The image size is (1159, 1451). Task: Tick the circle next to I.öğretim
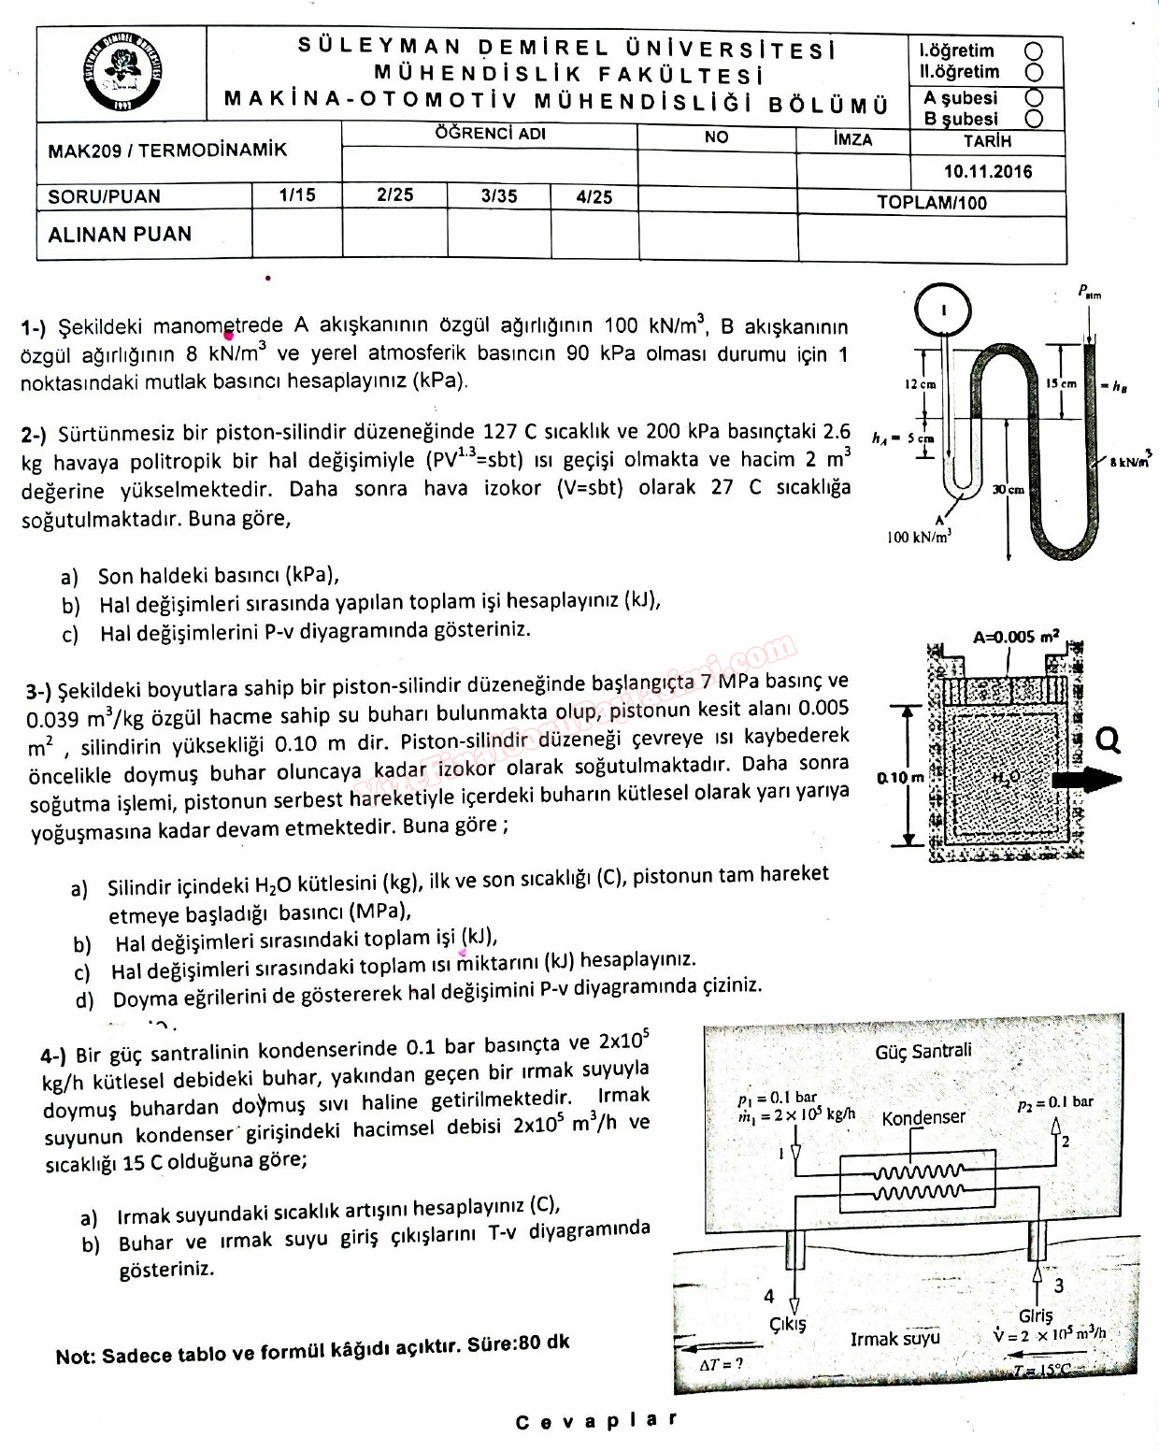[1034, 51]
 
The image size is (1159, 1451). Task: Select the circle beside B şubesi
[1034, 119]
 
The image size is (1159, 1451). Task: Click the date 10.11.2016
[988, 171]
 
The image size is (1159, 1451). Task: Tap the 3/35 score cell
[499, 196]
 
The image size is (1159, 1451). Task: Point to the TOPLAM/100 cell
[932, 203]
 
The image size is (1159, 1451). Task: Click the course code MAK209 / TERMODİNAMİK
[168, 150]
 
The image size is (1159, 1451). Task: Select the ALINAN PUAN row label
[120, 234]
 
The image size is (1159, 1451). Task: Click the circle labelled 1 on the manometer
[943, 309]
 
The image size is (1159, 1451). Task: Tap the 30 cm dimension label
[1009, 489]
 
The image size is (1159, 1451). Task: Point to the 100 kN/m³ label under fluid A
[920, 537]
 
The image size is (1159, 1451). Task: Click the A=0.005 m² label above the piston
[1016, 638]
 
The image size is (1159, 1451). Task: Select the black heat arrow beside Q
[1087, 779]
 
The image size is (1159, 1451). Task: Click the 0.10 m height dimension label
[900, 777]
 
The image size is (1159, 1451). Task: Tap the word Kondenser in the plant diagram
[923, 1118]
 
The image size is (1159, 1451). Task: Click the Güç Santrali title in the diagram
[923, 1052]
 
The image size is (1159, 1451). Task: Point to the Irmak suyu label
[894, 1339]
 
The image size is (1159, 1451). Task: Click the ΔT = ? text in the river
[722, 1364]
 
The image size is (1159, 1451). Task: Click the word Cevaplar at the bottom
[596, 1421]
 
